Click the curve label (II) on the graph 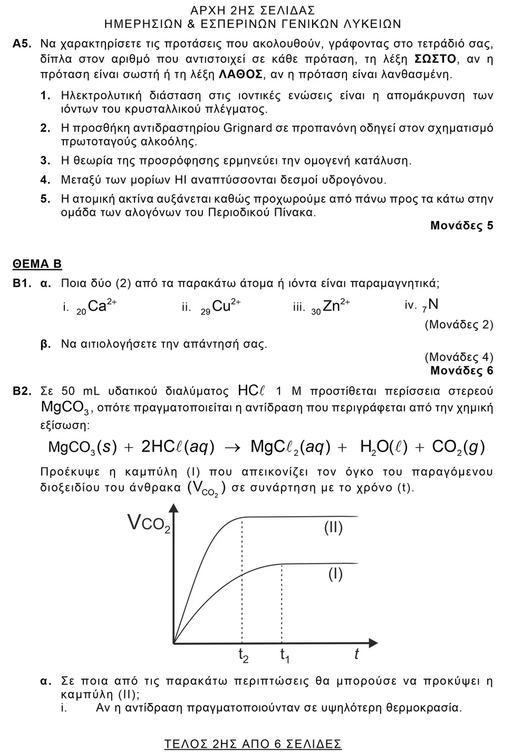[x=333, y=527]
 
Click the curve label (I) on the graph [x=335, y=573]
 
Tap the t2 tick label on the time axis [x=243, y=655]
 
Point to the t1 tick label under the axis [x=284, y=655]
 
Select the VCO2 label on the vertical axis [x=149, y=524]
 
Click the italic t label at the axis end [x=356, y=654]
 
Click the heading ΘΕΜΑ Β [x=37, y=264]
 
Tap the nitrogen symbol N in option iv [x=433, y=304]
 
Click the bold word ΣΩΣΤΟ [x=435, y=58]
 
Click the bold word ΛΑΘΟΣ [x=240, y=74]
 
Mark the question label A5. [x=23, y=44]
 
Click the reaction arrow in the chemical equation [x=232, y=448]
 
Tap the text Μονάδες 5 [x=461, y=226]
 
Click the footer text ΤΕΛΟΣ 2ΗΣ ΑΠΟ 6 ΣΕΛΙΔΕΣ [x=253, y=743]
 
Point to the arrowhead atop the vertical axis [x=173, y=508]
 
